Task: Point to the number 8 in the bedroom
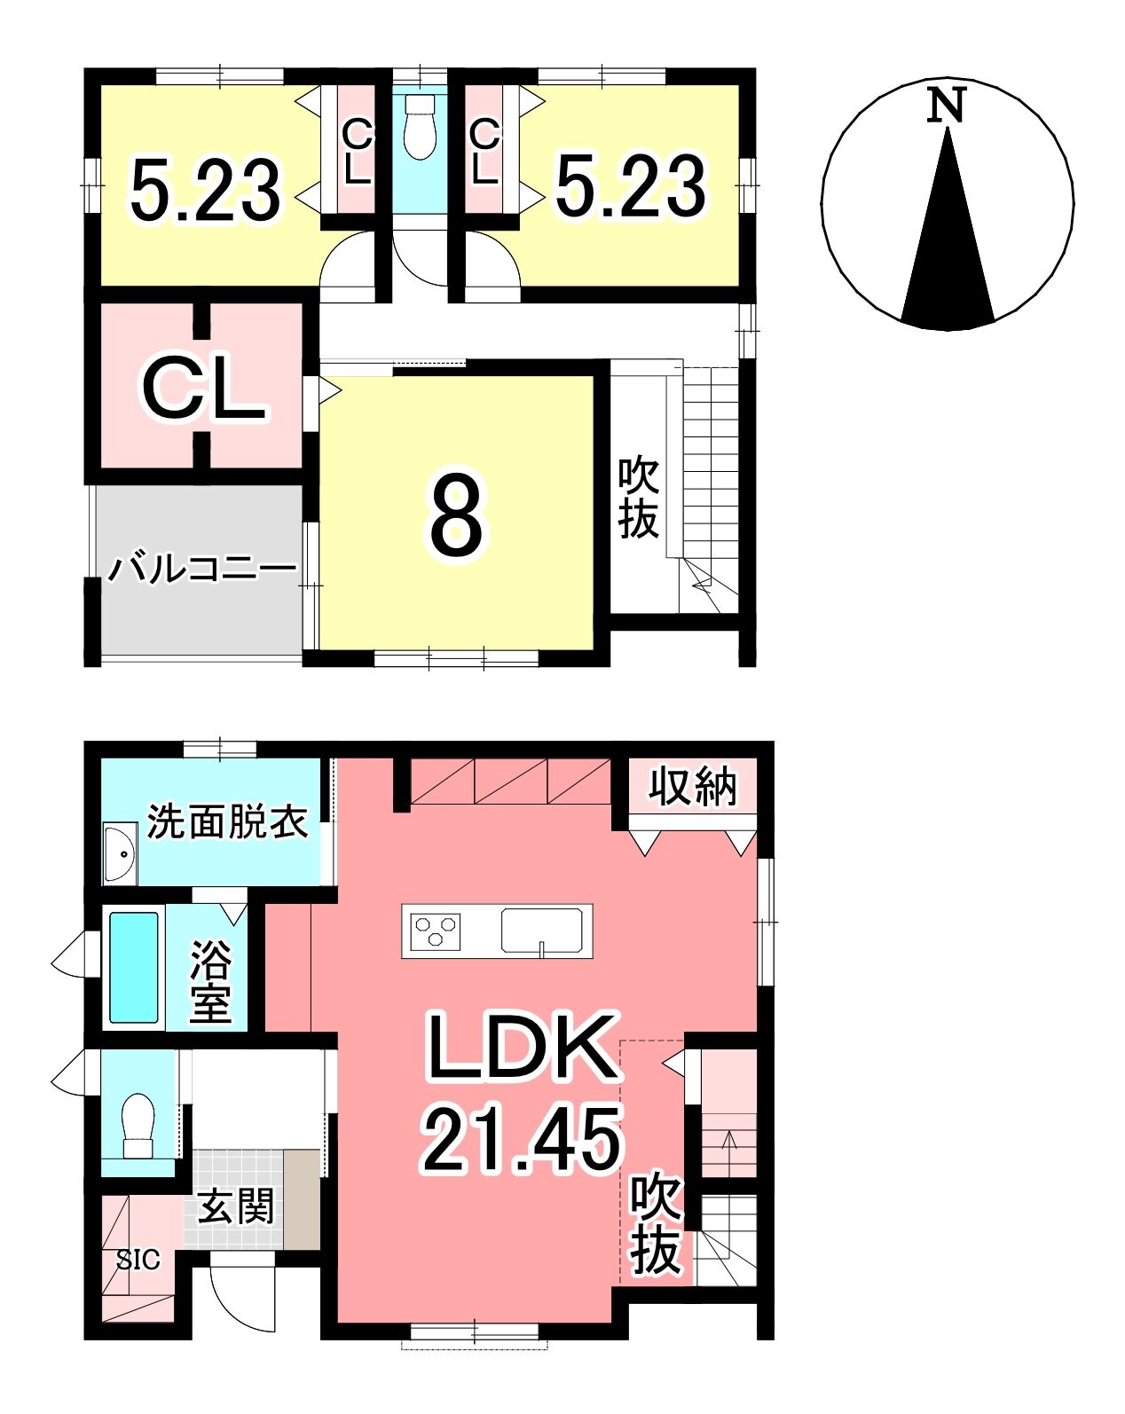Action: (x=457, y=515)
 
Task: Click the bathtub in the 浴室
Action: (x=134, y=967)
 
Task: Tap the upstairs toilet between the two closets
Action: (x=420, y=126)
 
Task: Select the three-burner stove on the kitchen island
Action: (x=435, y=931)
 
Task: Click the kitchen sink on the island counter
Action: (x=542, y=931)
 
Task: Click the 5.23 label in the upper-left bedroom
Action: (x=206, y=189)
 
